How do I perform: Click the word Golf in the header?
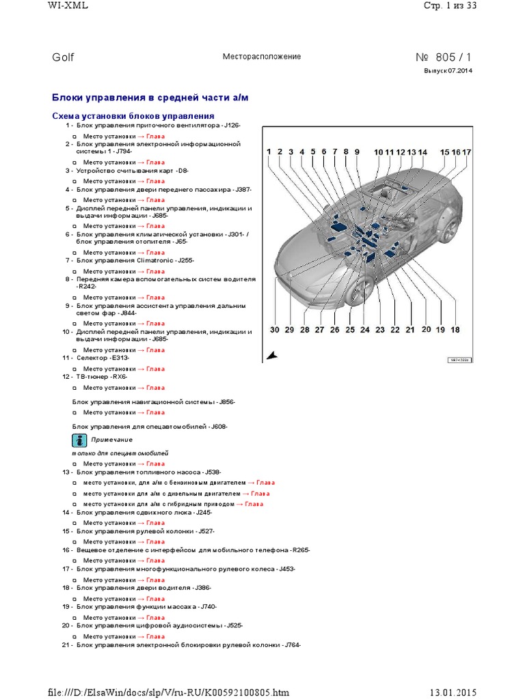tap(63, 57)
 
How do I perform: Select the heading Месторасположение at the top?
tap(262, 57)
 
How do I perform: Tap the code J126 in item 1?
tap(231, 126)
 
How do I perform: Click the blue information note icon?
tap(79, 439)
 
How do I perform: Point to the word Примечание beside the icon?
tap(112, 440)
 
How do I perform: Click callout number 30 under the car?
tap(274, 330)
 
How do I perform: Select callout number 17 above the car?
tap(467, 152)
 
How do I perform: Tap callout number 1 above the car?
tap(269, 152)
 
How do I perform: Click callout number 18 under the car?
tap(455, 330)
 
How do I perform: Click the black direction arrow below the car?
tap(272, 355)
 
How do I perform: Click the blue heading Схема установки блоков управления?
tap(133, 116)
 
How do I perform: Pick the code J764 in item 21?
tap(292, 644)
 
